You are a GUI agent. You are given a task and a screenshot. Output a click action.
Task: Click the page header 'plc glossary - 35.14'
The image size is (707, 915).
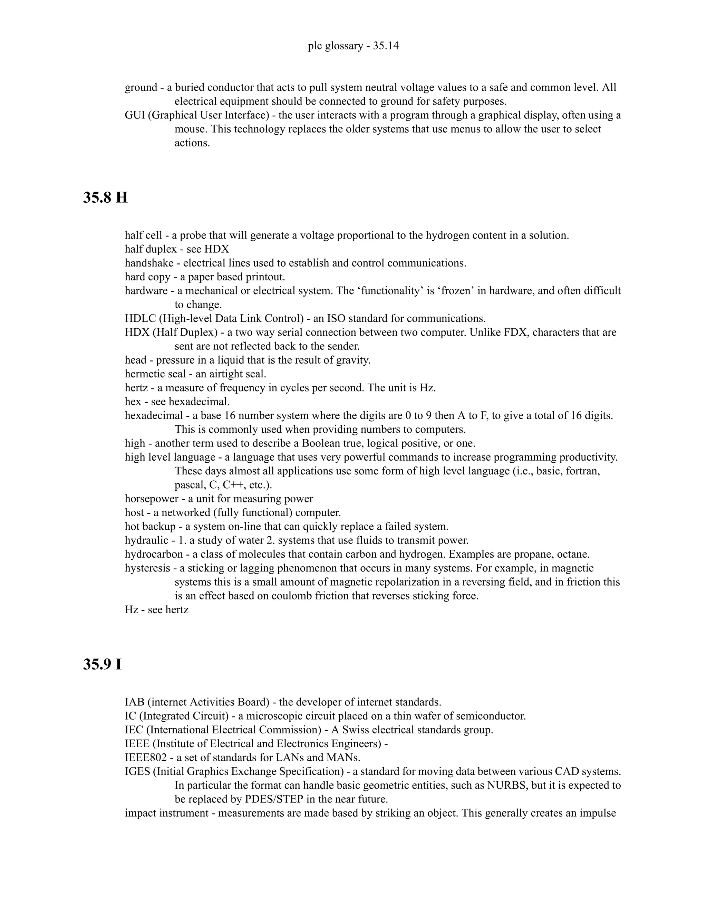[x=353, y=46]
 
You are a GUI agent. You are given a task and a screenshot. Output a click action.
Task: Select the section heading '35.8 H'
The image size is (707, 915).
[x=105, y=197]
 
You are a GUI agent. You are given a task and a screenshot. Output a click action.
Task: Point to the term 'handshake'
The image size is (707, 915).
[x=149, y=263]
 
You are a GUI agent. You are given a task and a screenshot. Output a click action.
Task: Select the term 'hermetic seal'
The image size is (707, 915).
[x=155, y=374]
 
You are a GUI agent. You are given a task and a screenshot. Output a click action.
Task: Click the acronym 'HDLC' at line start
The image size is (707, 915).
[x=140, y=318]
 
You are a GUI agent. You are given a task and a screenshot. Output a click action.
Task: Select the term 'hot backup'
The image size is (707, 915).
[x=150, y=527]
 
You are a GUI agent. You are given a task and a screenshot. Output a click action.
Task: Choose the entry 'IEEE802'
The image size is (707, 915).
[x=146, y=758]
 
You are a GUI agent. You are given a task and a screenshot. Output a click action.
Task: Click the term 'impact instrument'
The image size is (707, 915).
[x=167, y=813]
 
